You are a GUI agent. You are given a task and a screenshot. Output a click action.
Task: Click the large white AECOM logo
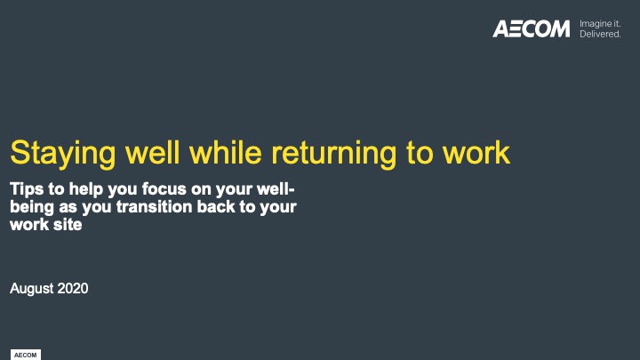pyautogui.click(x=531, y=28)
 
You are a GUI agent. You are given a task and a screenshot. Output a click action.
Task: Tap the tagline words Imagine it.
pyautogui.click(x=600, y=24)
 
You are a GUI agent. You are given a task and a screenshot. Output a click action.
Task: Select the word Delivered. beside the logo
pyautogui.click(x=600, y=35)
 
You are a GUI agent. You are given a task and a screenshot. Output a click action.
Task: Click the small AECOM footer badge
pyautogui.click(x=25, y=355)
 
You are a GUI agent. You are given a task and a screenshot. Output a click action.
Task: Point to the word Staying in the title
pyautogui.click(x=63, y=155)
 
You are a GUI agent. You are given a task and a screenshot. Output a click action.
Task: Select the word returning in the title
pyautogui.click(x=334, y=155)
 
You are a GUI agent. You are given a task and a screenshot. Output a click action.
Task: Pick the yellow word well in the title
pyautogui.click(x=153, y=152)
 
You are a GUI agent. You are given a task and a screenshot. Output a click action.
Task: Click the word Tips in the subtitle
pyautogui.click(x=27, y=189)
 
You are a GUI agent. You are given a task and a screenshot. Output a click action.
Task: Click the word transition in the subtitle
pyautogui.click(x=155, y=206)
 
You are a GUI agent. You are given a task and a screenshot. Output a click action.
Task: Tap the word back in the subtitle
pyautogui.click(x=216, y=206)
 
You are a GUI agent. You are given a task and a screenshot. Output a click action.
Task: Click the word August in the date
pyautogui.click(x=32, y=289)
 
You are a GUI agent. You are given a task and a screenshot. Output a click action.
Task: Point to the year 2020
pyautogui.click(x=73, y=288)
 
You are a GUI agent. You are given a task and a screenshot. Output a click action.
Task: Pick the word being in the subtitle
pyautogui.click(x=32, y=207)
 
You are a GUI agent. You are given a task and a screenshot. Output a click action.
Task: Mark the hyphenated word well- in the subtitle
pyautogui.click(x=276, y=189)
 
